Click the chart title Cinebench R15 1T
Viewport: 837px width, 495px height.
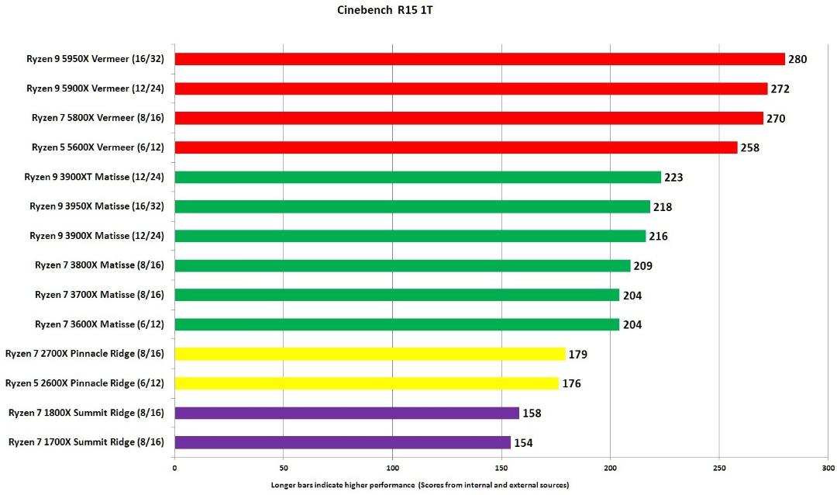384,10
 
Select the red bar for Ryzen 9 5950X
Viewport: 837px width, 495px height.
480,59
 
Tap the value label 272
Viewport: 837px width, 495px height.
780,88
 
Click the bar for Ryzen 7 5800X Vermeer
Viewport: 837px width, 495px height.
469,118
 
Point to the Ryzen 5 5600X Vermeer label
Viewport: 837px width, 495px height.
98,147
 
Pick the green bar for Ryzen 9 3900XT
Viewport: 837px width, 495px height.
418,177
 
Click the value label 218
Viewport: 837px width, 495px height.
663,207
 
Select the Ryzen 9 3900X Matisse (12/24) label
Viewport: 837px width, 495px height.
97,236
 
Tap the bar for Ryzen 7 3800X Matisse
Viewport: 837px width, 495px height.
402,265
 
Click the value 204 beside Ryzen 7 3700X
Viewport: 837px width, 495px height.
632,296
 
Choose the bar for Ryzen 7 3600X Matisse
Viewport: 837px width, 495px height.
397,324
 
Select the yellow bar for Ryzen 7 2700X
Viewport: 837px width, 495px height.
370,354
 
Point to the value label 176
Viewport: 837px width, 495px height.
571,384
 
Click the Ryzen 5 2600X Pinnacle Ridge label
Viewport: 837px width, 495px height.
85,383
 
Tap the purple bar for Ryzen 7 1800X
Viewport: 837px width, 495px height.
347,413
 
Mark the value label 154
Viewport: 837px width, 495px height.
523,442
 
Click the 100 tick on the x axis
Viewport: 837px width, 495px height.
392,469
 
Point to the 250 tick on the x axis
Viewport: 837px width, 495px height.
719,469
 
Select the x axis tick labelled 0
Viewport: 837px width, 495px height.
174,469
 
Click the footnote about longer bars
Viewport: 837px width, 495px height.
419,485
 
